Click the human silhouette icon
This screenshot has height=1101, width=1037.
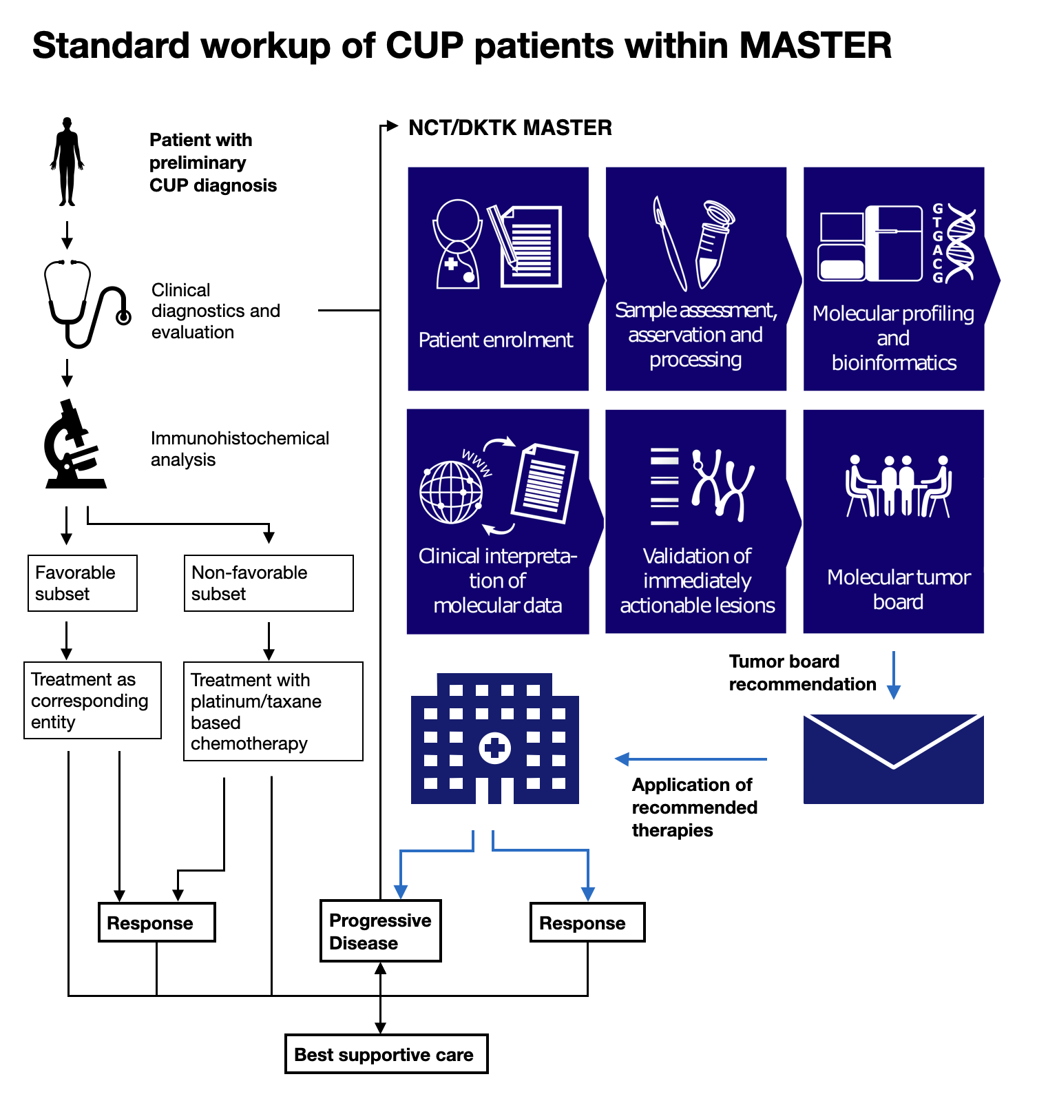pos(67,162)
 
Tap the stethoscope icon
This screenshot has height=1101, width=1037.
pos(83,304)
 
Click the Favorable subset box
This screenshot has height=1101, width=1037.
pos(83,583)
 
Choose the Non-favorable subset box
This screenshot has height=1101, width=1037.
pos(269,583)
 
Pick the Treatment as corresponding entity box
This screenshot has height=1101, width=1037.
pos(92,700)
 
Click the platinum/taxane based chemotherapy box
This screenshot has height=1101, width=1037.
pos(273,711)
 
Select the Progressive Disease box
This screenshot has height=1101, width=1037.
pos(380,931)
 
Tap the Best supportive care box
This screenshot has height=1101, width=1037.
pos(386,1054)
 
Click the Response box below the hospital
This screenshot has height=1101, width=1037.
pos(587,923)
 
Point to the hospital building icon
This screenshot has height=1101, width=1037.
pos(494,739)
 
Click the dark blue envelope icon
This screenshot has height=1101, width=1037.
pos(893,759)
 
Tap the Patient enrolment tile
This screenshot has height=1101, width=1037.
pos(497,279)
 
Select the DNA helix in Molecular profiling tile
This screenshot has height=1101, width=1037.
pos(961,243)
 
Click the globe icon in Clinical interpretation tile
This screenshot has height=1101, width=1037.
pos(451,492)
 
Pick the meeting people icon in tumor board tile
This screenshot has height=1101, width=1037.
pos(898,486)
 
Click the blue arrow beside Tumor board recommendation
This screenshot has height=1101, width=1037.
pos(894,675)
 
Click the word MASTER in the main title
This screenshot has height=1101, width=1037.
pos(815,46)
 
